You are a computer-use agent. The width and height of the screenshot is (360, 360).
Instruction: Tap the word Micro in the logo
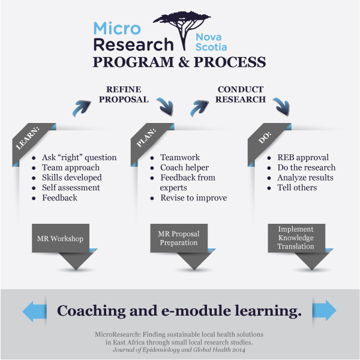point(117,28)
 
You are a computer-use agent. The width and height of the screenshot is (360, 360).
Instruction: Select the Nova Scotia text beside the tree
point(211,42)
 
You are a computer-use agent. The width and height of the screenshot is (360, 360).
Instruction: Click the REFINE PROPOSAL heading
point(124,94)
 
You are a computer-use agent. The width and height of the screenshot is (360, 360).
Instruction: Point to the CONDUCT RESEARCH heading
point(241,94)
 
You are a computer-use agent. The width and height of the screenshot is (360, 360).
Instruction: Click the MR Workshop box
point(61,238)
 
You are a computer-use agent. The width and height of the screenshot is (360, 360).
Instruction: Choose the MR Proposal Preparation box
point(179,238)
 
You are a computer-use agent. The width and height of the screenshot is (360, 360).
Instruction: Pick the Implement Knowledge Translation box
point(296,238)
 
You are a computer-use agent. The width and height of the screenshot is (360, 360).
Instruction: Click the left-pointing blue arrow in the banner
point(34,311)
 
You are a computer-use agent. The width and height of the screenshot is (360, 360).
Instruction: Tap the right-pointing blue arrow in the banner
point(325,310)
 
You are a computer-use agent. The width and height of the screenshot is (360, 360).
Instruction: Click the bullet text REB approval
point(303,157)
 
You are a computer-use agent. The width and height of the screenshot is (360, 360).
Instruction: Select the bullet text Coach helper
point(185,167)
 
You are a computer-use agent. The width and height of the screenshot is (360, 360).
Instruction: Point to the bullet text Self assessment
point(71,188)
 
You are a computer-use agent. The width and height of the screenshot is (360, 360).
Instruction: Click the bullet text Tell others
point(297,188)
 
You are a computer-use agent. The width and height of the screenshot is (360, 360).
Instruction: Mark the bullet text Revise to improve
point(194,197)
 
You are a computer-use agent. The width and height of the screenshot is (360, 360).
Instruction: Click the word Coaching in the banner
point(91,311)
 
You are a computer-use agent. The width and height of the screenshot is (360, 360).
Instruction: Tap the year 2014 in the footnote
point(239,350)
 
